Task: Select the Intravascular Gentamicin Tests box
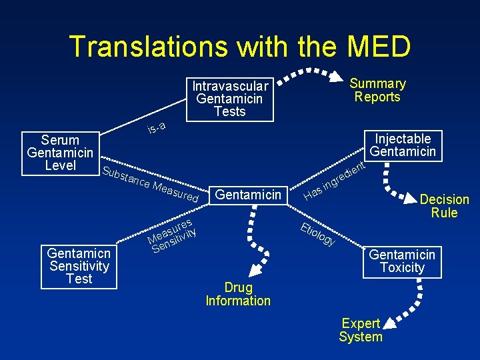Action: coord(230,99)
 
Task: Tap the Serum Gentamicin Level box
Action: coord(60,153)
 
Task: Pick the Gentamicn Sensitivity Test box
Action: coord(79,266)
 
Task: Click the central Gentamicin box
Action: coord(249,195)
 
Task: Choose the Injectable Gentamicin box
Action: coord(403,145)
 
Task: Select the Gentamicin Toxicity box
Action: coord(402,261)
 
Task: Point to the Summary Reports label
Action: coord(377,90)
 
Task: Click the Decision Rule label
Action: coord(444,206)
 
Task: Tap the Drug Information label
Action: coord(238,294)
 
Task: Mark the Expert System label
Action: coord(361,330)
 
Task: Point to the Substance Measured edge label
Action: coord(151,180)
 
